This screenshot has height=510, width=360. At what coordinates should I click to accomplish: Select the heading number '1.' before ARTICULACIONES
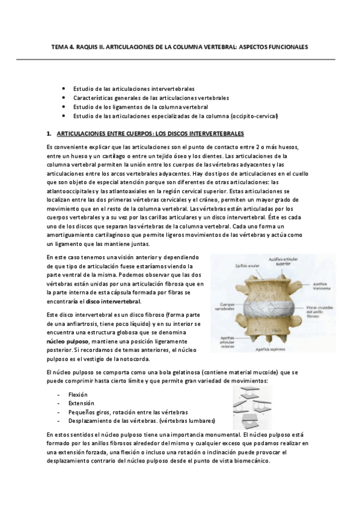(48, 132)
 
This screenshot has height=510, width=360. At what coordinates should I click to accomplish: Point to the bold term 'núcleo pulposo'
(67, 340)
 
